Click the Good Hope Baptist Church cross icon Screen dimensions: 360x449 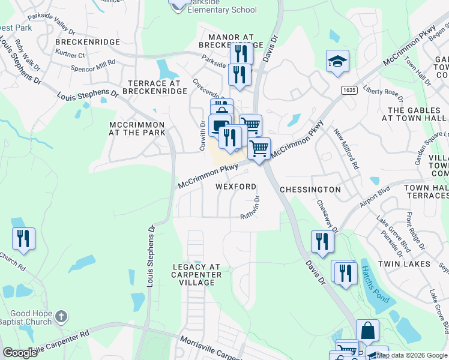coord(61,316)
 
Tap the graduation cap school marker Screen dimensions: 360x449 coord(337,62)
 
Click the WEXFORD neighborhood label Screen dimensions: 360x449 coord(236,187)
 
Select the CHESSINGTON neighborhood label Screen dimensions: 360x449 coord(310,190)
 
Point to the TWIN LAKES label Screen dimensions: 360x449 coord(404,264)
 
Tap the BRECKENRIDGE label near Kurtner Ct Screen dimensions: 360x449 coord(88,42)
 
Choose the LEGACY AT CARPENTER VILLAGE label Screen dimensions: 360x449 coord(197,274)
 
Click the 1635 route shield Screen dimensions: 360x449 coord(349,90)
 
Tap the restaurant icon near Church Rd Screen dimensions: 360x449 coord(23,238)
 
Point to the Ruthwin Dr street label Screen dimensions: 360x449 coord(252,208)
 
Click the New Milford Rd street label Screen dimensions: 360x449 coord(346,149)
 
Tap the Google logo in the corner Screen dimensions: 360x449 coord(20,353)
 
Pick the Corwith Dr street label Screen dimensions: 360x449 coord(202,136)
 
